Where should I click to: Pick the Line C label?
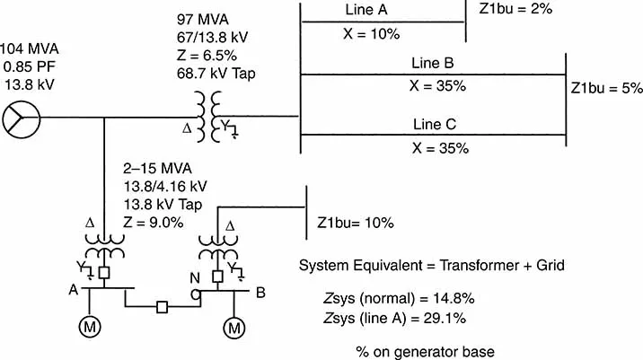[436, 124]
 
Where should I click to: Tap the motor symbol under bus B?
[234, 328]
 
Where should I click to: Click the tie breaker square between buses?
[163, 308]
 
